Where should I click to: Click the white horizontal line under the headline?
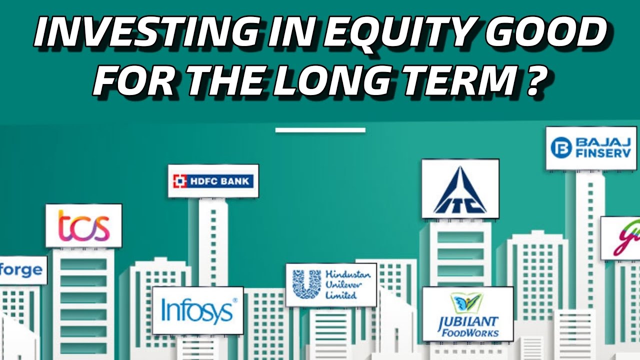tap(320, 130)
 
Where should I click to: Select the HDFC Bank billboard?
tap(213, 181)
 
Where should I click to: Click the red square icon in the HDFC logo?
tap(179, 181)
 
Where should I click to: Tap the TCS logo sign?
tap(83, 225)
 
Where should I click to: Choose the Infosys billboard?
tap(198, 310)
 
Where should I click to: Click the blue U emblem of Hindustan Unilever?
tap(306, 284)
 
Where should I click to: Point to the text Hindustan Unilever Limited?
tap(348, 284)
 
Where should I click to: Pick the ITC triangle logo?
tap(460, 190)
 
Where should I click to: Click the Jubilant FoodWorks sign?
tap(468, 313)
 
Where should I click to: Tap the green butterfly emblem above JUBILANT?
tap(467, 303)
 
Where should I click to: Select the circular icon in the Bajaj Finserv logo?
tap(560, 147)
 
